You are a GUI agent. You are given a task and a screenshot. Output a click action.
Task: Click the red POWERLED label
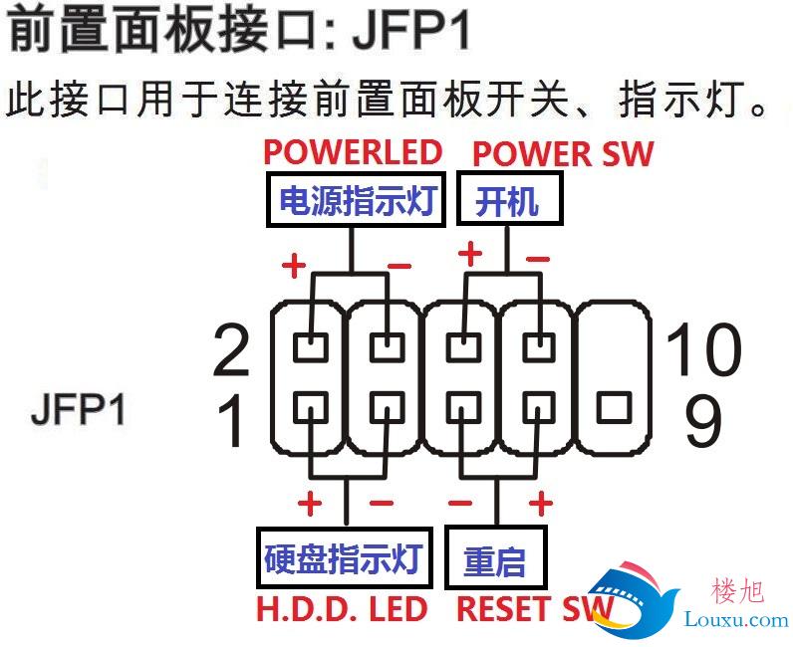coord(353,152)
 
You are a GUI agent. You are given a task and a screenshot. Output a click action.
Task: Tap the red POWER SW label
coord(563,153)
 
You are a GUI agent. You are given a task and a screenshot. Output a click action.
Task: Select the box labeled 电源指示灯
coord(356,200)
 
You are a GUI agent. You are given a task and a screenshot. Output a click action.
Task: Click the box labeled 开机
coord(510,198)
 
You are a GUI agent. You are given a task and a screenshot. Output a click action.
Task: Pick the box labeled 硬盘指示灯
coord(345,557)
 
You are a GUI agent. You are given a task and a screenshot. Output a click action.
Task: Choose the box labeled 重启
coord(496,557)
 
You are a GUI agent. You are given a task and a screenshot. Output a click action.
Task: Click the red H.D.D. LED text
coord(342,609)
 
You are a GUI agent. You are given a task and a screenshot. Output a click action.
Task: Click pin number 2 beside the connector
coord(231,350)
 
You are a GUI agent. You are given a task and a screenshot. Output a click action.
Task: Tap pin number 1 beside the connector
coord(230,420)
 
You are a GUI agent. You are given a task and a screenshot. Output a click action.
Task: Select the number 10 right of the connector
coord(703,348)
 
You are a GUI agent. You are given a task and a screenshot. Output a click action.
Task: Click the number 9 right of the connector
coord(702,421)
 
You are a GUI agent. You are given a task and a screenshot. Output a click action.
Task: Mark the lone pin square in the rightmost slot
coord(614,408)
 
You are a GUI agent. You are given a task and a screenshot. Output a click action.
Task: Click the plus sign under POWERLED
coord(294,265)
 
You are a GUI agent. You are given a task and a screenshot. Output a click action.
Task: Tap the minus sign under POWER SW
coord(538,260)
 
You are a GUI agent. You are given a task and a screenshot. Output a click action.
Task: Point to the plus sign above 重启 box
coord(541,504)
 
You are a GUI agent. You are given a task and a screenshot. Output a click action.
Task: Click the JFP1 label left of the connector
coord(78,408)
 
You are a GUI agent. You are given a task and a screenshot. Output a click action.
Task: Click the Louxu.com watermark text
coord(736,619)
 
